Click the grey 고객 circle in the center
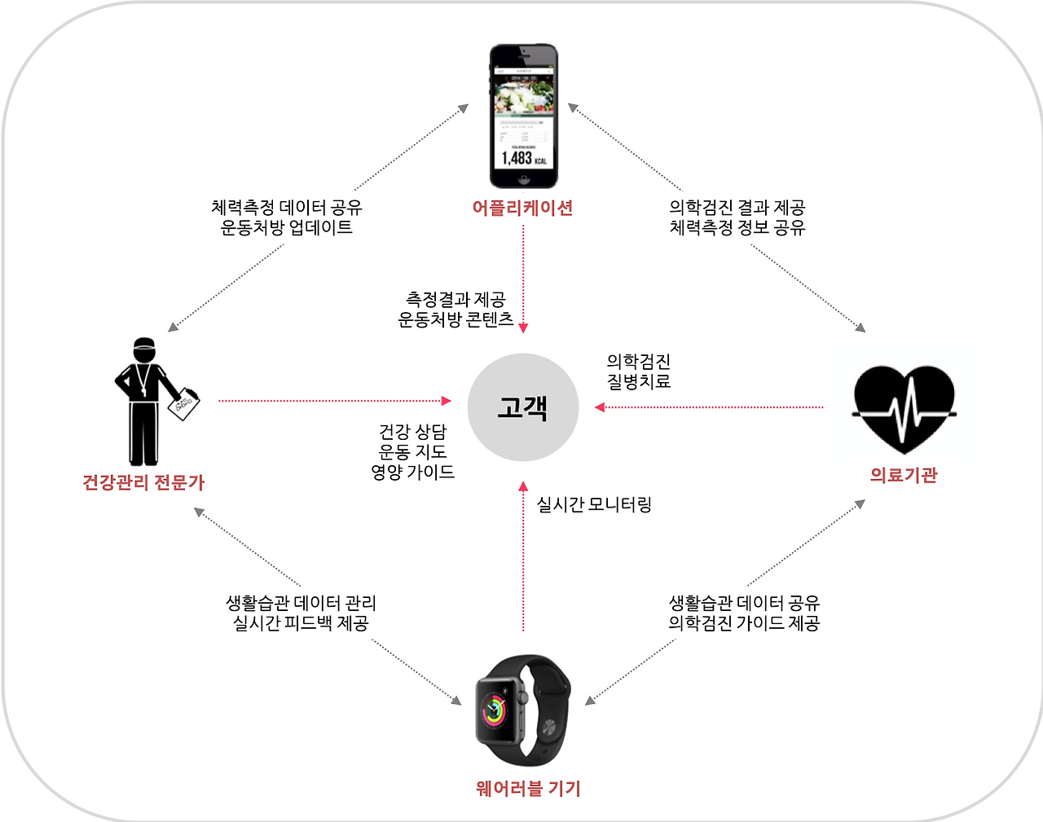pos(523,407)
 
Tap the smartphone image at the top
pos(523,116)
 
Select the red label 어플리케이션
pos(523,209)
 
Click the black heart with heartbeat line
pos(904,405)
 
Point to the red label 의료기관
pos(904,476)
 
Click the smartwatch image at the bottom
pos(522,709)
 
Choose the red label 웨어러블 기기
pos(528,789)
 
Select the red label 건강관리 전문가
pos(143,482)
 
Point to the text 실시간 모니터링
pos(594,505)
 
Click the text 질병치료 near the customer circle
pos(639,381)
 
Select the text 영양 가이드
pos(413,473)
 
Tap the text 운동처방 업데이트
pos(287,228)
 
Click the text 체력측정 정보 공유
pos(737,228)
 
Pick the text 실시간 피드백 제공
pos(301,623)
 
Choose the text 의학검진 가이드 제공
pos(744,623)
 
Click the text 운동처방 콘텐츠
pos(455,319)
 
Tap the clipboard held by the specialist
pos(183,404)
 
